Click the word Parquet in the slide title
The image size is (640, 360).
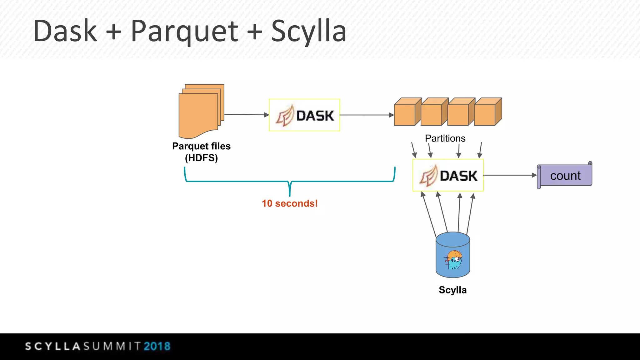[x=184, y=31]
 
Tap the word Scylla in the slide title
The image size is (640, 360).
[x=308, y=31]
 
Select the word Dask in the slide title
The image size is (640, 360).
[x=65, y=31]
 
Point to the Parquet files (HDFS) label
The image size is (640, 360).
[x=201, y=152]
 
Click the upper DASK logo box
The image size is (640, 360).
[x=304, y=115]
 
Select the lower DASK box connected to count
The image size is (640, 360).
[x=448, y=175]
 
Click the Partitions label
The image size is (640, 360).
[x=445, y=138]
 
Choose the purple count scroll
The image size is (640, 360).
[x=565, y=175]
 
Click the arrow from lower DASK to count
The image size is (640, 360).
[x=509, y=175]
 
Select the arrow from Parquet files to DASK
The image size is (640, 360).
[x=246, y=115]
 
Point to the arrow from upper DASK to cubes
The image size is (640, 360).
[x=366, y=115]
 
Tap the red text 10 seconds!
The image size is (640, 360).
[x=290, y=203]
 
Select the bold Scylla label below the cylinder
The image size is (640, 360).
[x=452, y=290]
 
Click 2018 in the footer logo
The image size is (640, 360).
[x=157, y=346]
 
